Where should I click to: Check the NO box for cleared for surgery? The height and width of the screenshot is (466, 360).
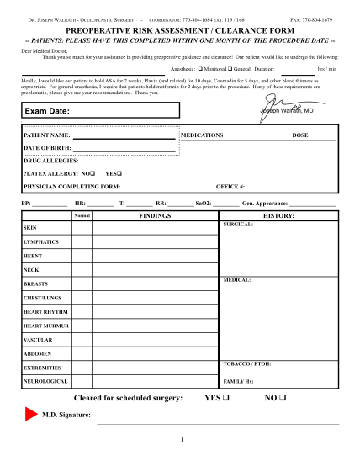[x=283, y=397]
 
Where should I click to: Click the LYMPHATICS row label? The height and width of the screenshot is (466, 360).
[x=41, y=241]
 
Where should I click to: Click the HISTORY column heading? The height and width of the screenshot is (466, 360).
[x=278, y=216]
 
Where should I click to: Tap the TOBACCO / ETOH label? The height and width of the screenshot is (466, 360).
[x=246, y=363]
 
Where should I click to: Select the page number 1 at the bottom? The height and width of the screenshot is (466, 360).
[x=180, y=440]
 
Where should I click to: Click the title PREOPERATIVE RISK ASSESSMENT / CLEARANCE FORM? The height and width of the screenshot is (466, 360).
[x=180, y=29]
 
